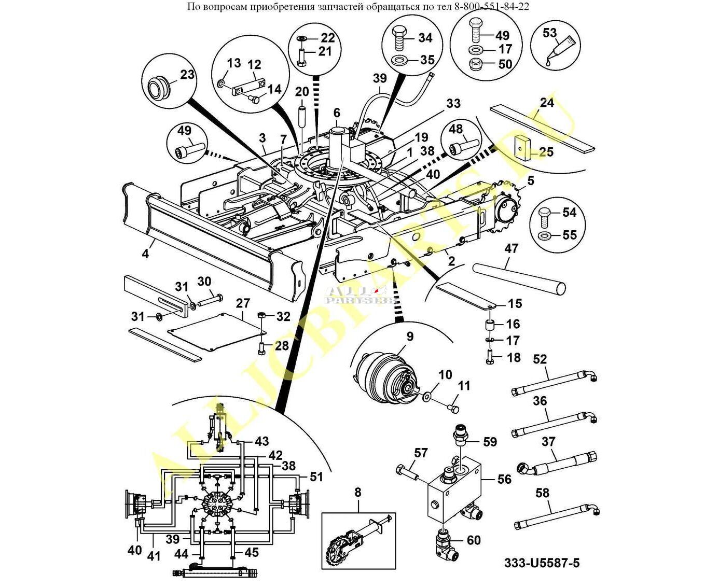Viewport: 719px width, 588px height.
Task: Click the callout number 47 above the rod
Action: tap(511, 248)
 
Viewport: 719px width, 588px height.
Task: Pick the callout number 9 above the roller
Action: tap(410, 337)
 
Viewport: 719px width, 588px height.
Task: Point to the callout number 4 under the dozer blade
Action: tap(146, 254)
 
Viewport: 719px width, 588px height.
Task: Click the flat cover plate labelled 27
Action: tap(215, 332)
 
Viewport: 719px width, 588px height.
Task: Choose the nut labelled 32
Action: tap(262, 316)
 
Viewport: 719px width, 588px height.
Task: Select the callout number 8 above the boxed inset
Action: tap(357, 492)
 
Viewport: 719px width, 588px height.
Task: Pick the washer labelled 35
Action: tap(399, 60)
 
